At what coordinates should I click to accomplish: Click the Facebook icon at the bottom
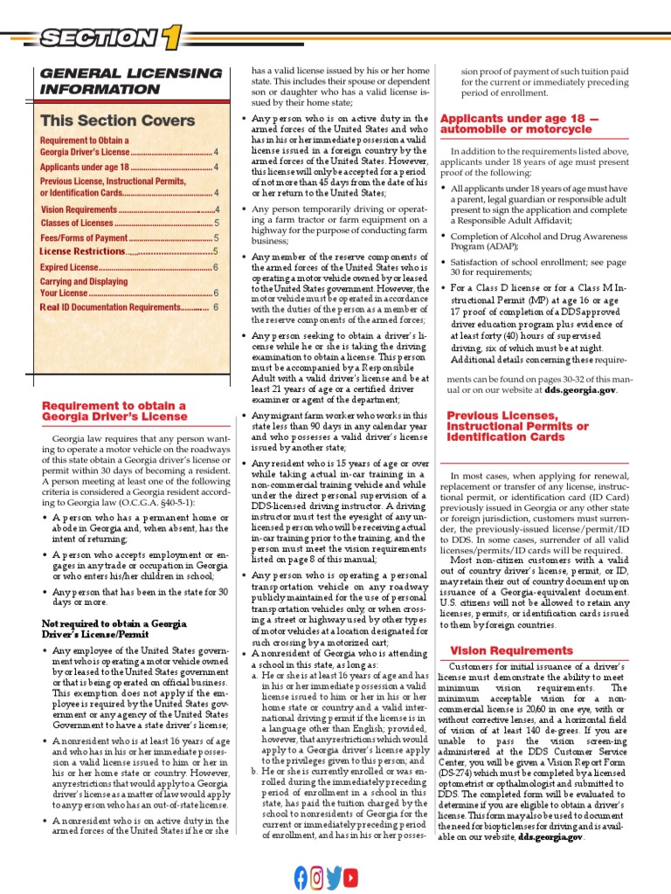pos(301,876)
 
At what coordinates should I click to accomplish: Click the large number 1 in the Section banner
pos(169,37)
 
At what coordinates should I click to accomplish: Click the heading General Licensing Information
pos(131,81)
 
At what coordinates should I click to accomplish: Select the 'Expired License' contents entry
pos(70,267)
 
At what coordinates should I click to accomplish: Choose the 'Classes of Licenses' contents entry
pos(77,223)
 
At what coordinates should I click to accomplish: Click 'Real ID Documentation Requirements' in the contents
pos(111,307)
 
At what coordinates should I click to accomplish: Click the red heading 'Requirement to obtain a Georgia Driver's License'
pos(114,411)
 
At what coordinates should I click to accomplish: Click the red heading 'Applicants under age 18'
pos(521,123)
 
